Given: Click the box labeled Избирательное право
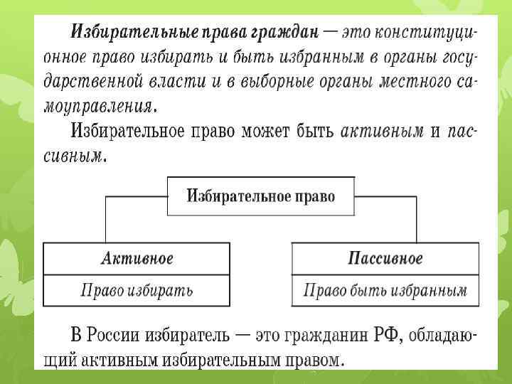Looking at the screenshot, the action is coord(260,196).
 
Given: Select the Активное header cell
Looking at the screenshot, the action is coord(137,257).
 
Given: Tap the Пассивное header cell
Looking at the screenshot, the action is coord(385,257).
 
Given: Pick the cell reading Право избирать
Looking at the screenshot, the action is coord(137,290).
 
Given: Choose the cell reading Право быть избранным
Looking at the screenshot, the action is coord(385,290).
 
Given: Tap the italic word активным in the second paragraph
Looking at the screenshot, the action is coord(383,132).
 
